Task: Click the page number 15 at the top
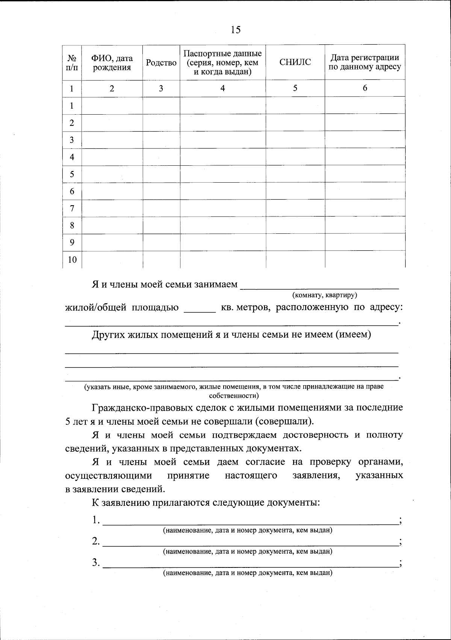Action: click(236, 30)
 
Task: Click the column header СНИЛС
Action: click(295, 62)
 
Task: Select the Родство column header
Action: click(161, 63)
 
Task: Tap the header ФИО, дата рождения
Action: click(112, 63)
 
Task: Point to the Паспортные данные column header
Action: click(222, 62)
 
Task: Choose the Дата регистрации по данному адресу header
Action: click(365, 62)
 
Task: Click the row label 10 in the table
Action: click(72, 260)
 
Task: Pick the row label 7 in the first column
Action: click(72, 208)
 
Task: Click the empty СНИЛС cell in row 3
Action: click(295, 140)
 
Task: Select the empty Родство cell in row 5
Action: click(161, 174)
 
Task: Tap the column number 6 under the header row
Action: click(365, 88)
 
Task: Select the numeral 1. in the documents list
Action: click(96, 520)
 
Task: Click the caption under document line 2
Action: click(247, 552)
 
